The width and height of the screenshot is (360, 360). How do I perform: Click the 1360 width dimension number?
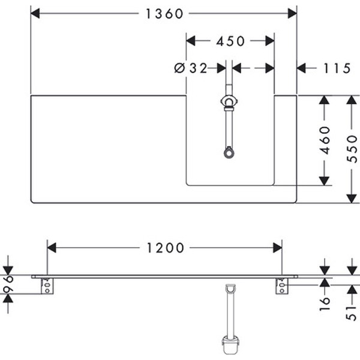click(163, 13)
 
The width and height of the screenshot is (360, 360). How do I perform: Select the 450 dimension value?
click(230, 41)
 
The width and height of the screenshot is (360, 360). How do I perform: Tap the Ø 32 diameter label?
click(191, 68)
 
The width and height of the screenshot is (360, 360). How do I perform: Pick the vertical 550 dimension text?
click(352, 149)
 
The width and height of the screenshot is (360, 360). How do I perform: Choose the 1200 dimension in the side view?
click(163, 247)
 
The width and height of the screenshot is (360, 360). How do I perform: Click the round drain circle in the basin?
click(229, 153)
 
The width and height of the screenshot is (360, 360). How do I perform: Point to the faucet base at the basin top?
click(229, 102)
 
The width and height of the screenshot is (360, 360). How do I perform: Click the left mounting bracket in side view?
click(46, 286)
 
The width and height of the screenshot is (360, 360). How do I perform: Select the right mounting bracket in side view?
click(281, 286)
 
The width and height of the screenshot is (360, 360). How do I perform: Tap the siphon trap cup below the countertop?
click(229, 344)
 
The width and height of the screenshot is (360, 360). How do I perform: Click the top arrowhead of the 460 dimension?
click(325, 100)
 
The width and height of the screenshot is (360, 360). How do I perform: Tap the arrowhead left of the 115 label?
click(302, 68)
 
